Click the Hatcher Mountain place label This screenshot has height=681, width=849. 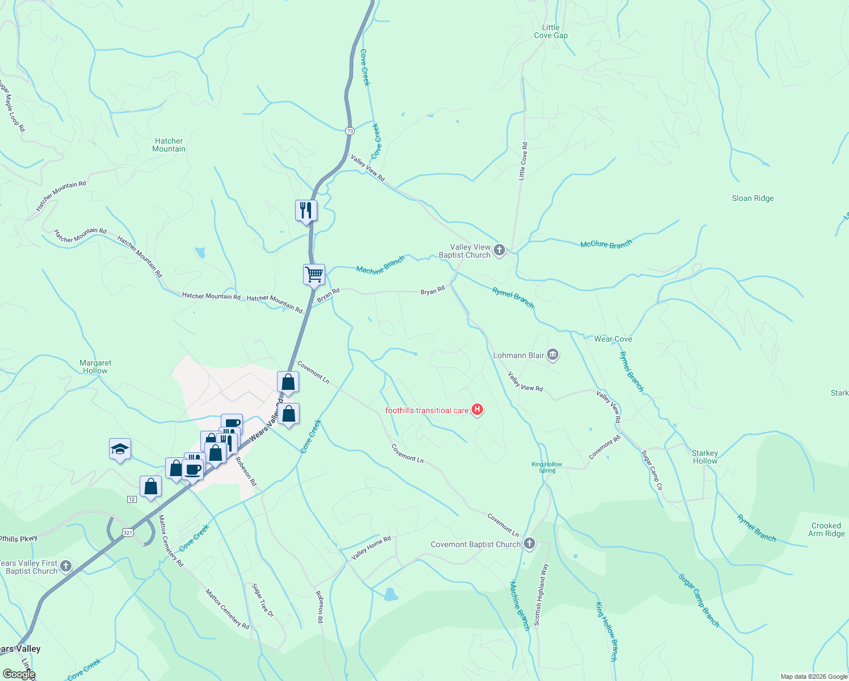tap(169, 145)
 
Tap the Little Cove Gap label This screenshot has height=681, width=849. tap(550, 32)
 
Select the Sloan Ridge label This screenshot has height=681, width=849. tap(753, 199)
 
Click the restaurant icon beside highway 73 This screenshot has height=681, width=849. tap(306, 211)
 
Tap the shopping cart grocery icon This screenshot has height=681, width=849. tap(314, 275)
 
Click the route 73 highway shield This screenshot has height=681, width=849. tap(350, 131)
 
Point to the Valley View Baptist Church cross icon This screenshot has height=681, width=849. tap(499, 250)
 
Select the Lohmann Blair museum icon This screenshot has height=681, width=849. tap(553, 355)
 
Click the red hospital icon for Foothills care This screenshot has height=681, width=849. tap(477, 410)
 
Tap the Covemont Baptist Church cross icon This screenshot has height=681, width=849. tap(529, 544)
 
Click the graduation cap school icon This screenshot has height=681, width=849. tap(120, 449)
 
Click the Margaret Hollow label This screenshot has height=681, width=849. tap(95, 367)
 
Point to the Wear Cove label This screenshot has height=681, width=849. tap(613, 339)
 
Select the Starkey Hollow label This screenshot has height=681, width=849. tap(705, 457)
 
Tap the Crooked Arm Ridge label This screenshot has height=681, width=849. tap(826, 530)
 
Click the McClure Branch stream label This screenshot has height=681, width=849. tap(606, 245)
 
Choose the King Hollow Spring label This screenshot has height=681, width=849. tap(547, 468)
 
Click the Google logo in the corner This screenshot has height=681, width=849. tap(19, 674)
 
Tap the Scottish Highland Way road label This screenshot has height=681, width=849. tap(541, 595)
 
